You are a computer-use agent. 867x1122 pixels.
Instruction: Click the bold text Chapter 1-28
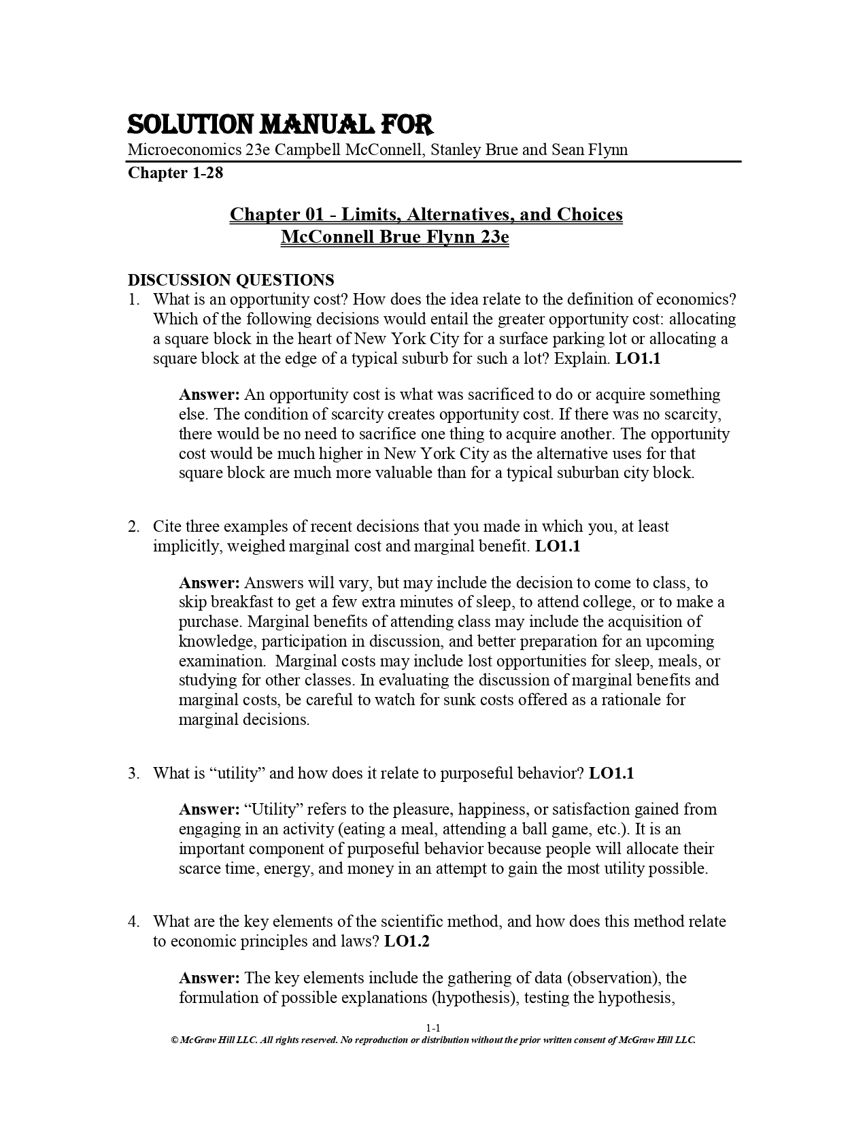175,173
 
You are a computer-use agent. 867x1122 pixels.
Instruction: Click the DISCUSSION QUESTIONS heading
231,279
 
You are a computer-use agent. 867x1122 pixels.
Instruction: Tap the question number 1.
133,299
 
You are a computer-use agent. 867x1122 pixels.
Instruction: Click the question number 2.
133,526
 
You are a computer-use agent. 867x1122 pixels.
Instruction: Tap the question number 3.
133,773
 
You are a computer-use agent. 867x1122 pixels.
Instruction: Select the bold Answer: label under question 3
209,809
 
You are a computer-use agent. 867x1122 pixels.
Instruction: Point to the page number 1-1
433,1027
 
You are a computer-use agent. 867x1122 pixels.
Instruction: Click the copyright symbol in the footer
174,1040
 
